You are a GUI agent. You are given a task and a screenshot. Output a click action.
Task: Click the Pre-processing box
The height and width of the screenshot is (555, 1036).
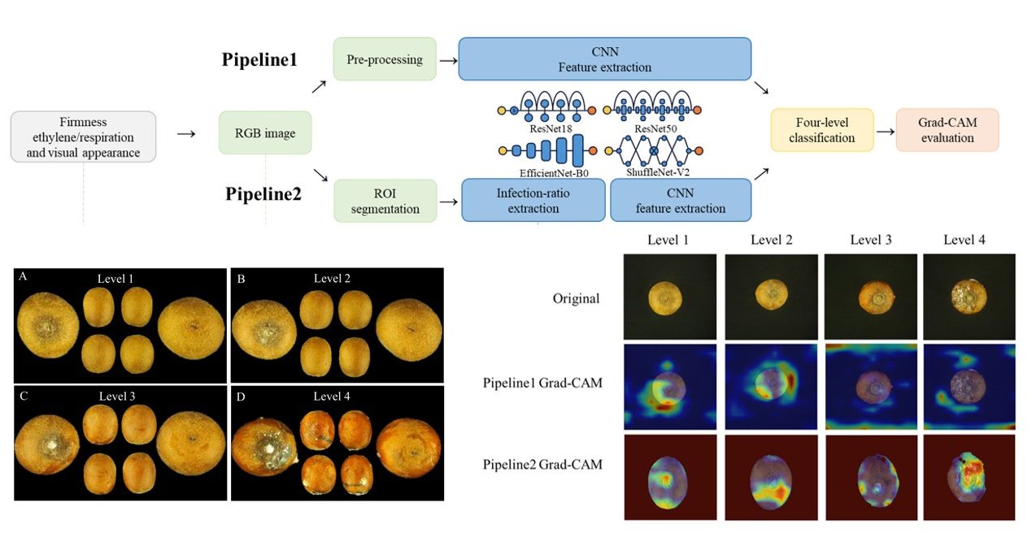point(385,59)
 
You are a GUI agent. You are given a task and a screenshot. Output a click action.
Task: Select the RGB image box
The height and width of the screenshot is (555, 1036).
point(265,132)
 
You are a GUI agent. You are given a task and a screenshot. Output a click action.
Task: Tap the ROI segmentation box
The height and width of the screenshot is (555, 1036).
point(385,201)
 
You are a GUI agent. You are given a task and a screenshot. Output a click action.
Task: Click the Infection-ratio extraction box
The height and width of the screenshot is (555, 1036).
point(533,200)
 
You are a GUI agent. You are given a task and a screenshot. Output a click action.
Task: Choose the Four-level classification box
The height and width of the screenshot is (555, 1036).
point(822,130)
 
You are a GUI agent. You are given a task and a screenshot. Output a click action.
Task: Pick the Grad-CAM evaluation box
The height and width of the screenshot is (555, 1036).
point(947,130)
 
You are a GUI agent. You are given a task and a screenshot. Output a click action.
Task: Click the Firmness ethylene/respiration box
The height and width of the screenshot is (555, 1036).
point(83,137)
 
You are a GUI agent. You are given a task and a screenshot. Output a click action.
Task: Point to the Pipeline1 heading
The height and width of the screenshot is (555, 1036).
point(259,59)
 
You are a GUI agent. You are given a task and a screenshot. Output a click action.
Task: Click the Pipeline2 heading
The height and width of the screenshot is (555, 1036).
point(263,193)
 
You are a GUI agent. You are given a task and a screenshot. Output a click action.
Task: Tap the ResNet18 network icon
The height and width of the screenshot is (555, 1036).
point(546,106)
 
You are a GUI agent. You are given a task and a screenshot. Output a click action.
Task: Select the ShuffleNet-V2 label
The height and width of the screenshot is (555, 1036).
point(658,172)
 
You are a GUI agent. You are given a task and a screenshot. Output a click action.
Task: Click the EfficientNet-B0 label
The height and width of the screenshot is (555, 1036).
point(554,173)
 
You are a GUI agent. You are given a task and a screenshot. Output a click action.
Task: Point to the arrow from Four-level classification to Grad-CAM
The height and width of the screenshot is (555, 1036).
point(886,132)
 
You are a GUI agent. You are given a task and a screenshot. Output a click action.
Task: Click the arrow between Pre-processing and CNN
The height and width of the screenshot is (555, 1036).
point(448,60)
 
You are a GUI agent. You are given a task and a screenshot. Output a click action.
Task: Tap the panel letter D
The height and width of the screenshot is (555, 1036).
point(241,397)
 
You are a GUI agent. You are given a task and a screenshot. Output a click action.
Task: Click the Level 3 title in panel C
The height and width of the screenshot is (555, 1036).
point(117,396)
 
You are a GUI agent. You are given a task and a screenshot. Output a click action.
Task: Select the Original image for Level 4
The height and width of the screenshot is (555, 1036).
point(969,297)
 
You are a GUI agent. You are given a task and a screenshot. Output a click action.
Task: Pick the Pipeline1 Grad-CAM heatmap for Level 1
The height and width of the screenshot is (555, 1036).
point(670,387)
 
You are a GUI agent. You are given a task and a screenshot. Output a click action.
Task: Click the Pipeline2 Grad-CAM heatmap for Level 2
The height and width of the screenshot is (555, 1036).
point(771,477)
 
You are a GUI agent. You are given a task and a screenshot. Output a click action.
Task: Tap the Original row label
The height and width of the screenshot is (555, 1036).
point(576,298)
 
